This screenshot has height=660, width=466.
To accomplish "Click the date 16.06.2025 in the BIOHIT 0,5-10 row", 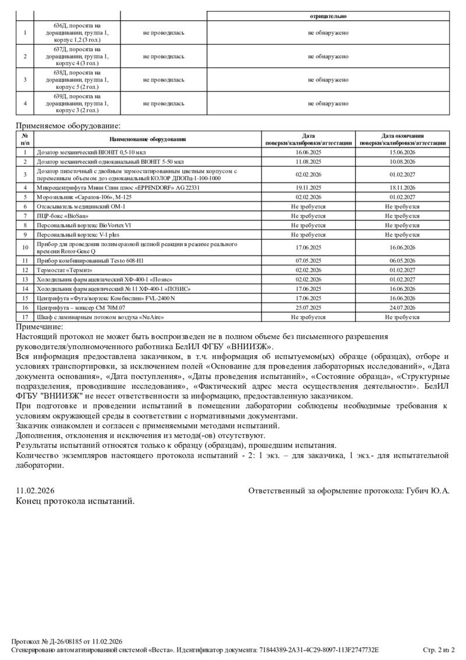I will point(308,152).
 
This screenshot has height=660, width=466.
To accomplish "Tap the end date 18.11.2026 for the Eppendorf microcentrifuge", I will point(402,188).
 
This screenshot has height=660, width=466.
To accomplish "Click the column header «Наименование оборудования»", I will point(147,139).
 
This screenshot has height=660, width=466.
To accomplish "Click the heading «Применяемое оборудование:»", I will point(68,125).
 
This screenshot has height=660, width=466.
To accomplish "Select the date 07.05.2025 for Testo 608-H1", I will point(308,261).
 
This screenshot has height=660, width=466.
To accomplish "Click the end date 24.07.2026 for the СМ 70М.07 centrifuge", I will point(402,307).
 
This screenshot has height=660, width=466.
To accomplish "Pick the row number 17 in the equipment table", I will point(25,317).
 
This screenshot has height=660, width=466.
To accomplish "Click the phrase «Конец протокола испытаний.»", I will point(75,501).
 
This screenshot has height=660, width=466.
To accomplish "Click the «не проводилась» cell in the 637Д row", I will point(164,57).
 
